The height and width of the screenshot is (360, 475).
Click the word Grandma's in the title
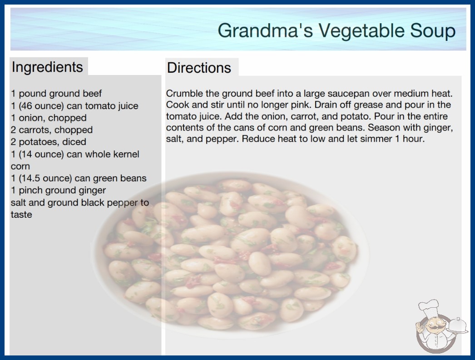[x=265, y=30]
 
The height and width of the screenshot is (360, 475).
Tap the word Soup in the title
[x=433, y=30]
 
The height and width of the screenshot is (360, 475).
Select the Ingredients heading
[x=47, y=67]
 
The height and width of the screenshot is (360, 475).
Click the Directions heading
[x=199, y=68]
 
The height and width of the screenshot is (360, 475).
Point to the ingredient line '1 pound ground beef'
[x=56, y=94]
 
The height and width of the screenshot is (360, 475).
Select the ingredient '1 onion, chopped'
[x=49, y=118]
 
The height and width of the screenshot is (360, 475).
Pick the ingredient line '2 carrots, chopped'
[x=52, y=130]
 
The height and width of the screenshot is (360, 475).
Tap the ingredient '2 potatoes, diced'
[x=49, y=142]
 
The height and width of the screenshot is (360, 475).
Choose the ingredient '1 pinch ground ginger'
[x=59, y=190]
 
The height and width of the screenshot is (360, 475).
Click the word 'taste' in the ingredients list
[x=21, y=215]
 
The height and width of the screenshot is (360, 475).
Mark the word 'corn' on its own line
[x=20, y=166]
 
